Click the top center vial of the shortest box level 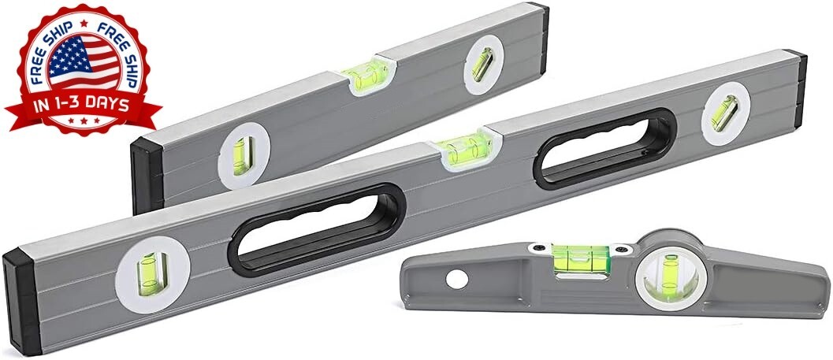[x=367, y=76]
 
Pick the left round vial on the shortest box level [x=244, y=156]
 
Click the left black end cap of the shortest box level [x=147, y=175]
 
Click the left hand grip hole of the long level [x=317, y=230]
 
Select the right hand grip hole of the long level [x=604, y=149]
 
